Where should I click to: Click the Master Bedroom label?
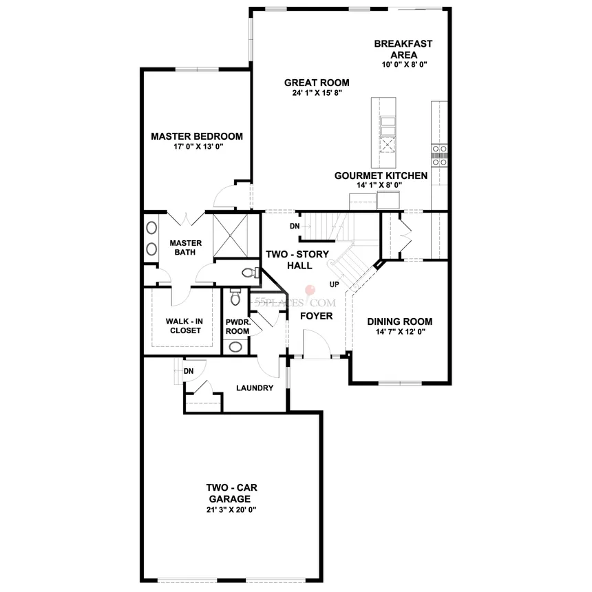pyautogui.click(x=197, y=136)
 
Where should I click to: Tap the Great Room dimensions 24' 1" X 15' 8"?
pyautogui.click(x=317, y=93)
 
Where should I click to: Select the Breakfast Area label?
pyautogui.click(x=403, y=49)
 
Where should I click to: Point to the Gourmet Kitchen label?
pyautogui.click(x=381, y=176)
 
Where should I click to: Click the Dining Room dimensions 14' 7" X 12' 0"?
pyautogui.click(x=400, y=332)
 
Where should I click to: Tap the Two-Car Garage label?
pyautogui.click(x=231, y=493)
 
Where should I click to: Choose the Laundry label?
pyautogui.click(x=255, y=388)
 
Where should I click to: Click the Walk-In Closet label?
pyautogui.click(x=185, y=326)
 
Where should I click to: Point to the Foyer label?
pyautogui.click(x=317, y=316)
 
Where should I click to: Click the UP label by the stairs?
pyautogui.click(x=334, y=285)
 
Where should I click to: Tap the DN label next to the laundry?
pyautogui.click(x=189, y=371)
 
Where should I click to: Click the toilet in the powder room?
pyautogui.click(x=235, y=297)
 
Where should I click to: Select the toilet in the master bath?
pyautogui.click(x=251, y=272)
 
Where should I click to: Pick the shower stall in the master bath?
pyautogui.click(x=230, y=235)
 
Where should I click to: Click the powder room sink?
pyautogui.click(x=236, y=346)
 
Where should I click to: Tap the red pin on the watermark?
pyautogui.click(x=311, y=290)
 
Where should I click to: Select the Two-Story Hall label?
pyautogui.click(x=297, y=260)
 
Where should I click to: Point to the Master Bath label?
pyautogui.click(x=185, y=248)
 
